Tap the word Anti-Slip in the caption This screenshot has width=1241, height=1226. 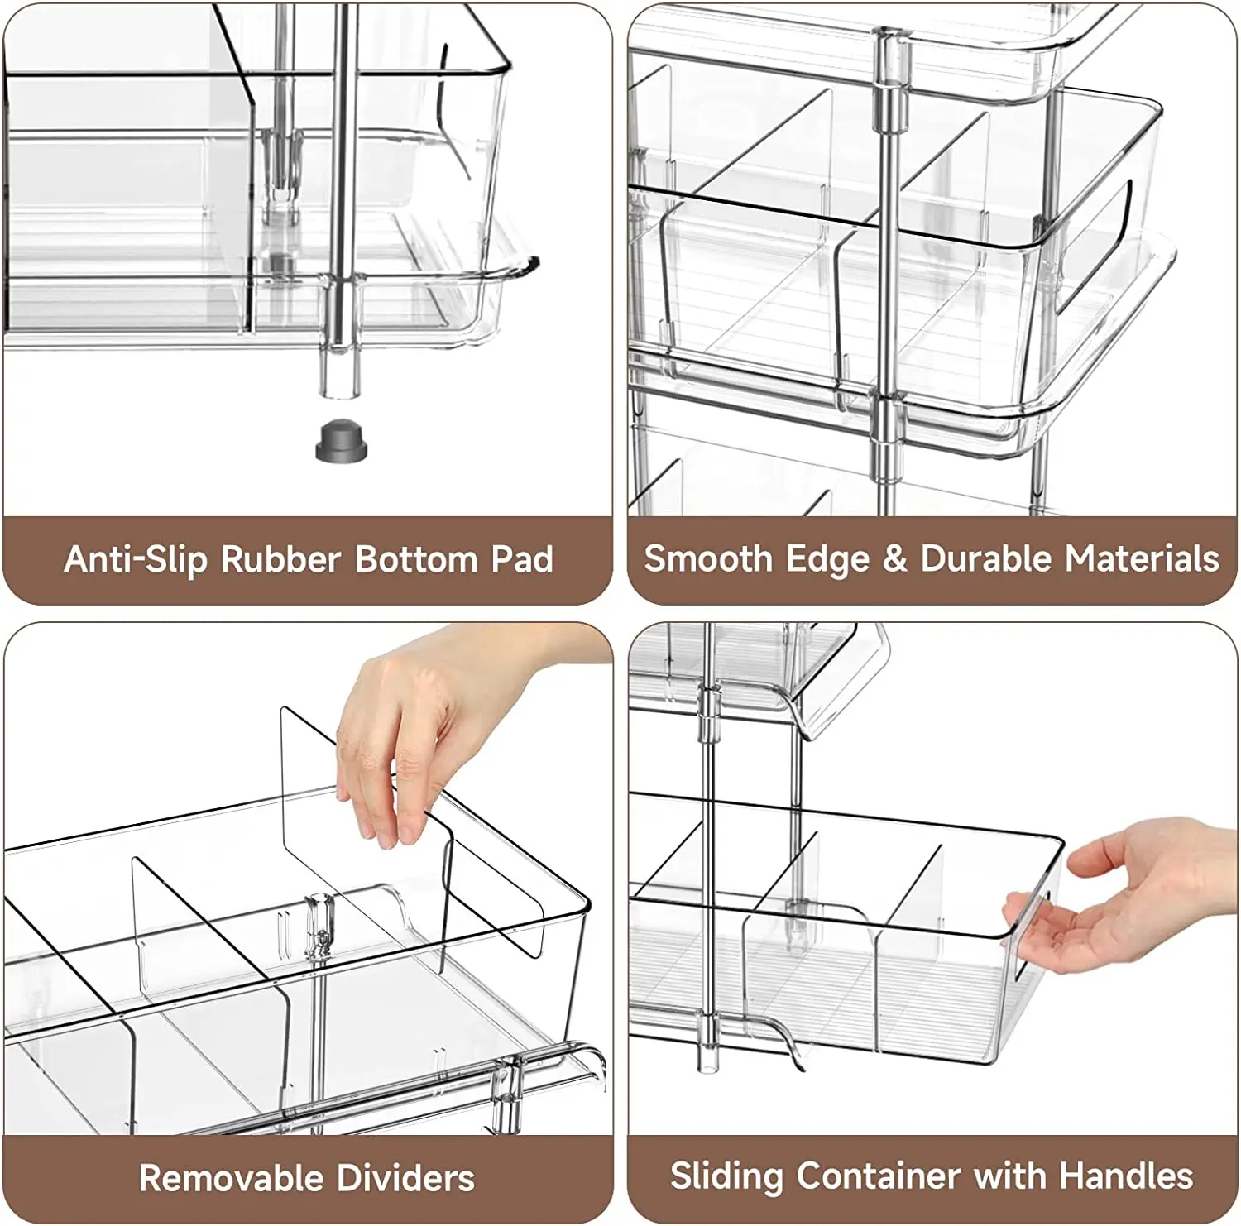[x=135, y=559]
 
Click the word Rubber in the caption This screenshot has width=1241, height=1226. [x=281, y=559]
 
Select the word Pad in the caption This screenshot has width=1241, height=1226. [x=522, y=559]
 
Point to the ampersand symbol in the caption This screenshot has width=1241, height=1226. [x=895, y=558]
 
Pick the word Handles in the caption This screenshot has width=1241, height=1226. [x=1127, y=1176]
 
